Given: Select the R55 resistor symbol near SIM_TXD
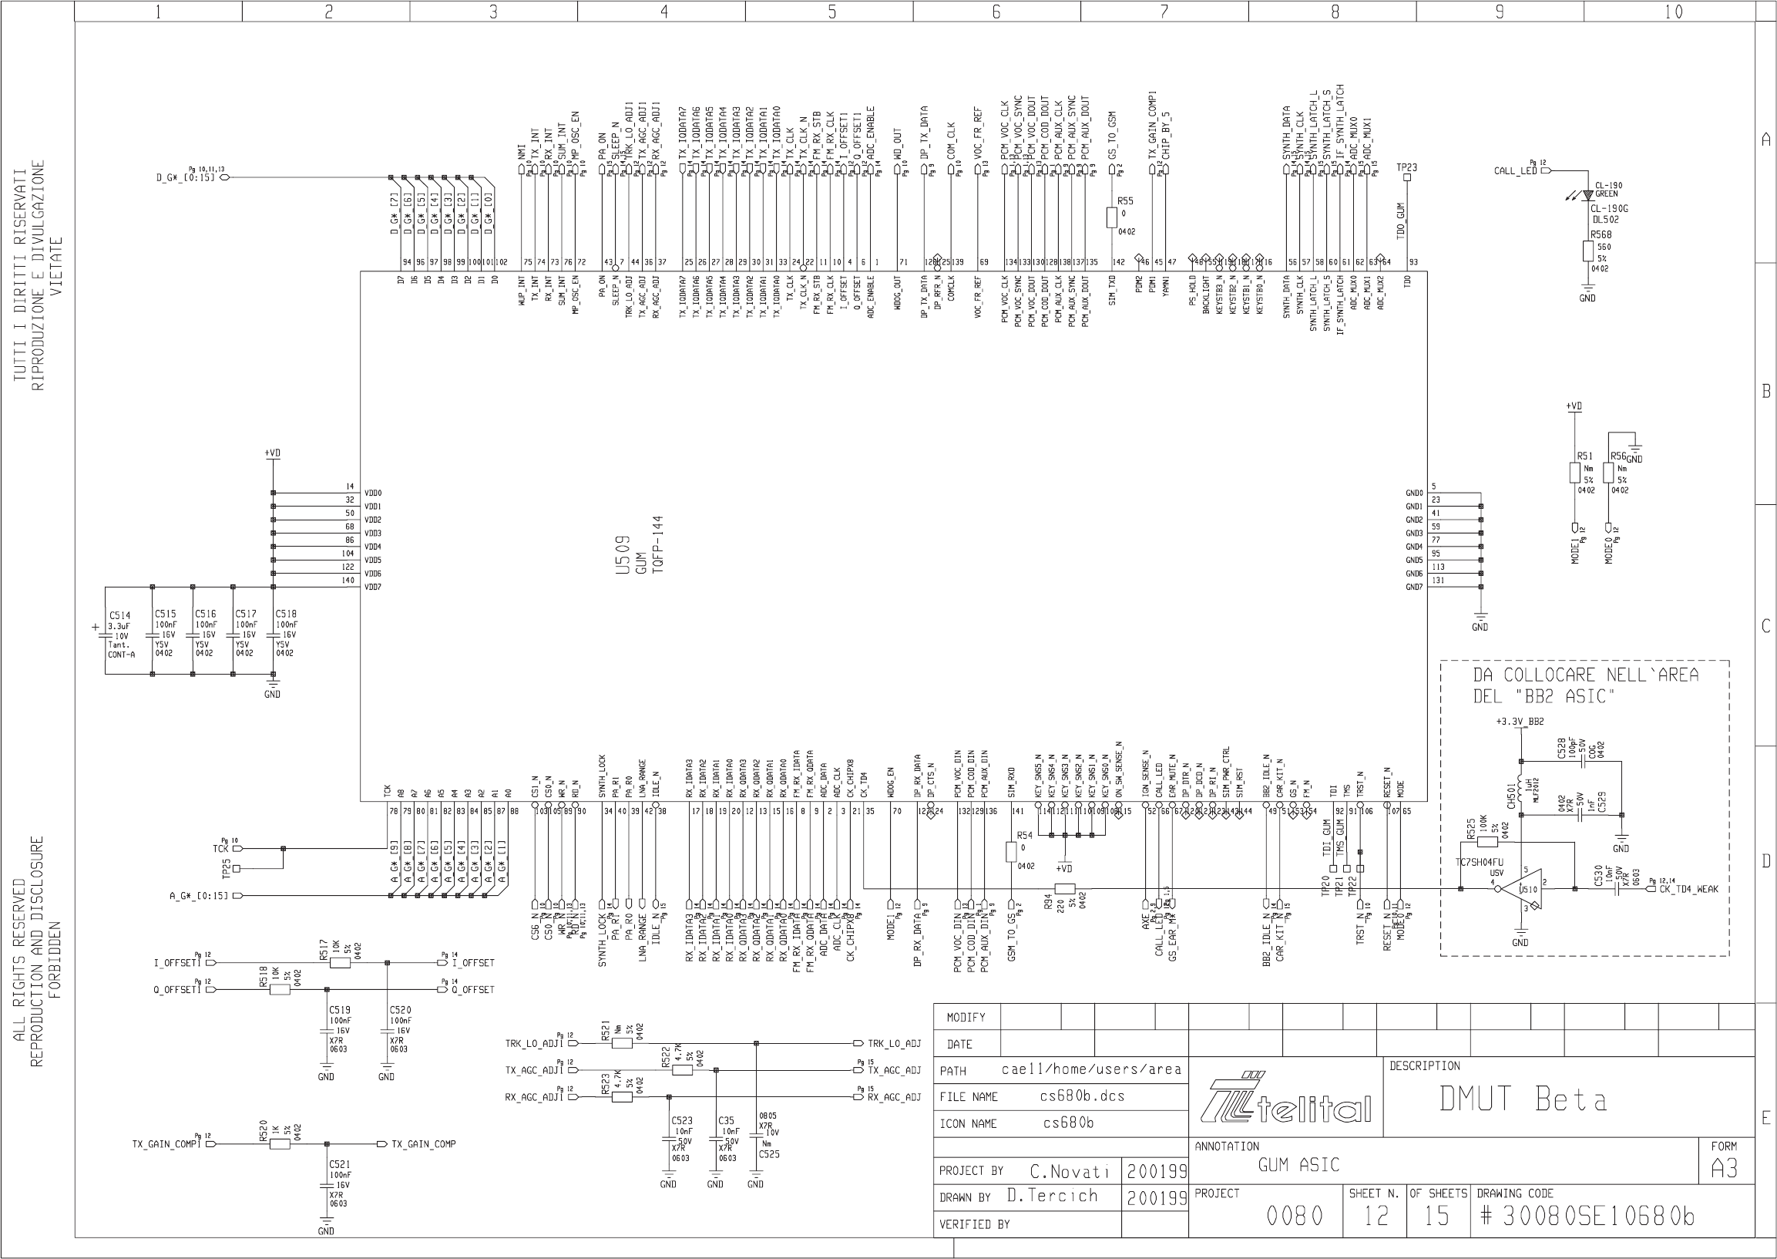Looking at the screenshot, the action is pyautogui.click(x=1111, y=218).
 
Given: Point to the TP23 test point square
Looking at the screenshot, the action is pyautogui.click(x=1407, y=177).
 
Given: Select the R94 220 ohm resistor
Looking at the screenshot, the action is pyautogui.click(x=1065, y=889).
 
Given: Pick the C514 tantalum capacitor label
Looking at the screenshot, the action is pyautogui.click(x=119, y=614).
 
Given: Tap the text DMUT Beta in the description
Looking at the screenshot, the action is pyautogui.click(x=1523, y=1099).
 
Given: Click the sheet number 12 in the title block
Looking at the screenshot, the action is pyautogui.click(x=1376, y=1216).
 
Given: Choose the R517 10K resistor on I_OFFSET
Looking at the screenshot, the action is pyautogui.click(x=339, y=963).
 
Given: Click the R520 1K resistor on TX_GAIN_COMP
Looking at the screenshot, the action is pyautogui.click(x=280, y=1144).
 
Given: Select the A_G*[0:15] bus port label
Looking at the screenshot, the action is pyautogui.click(x=198, y=896).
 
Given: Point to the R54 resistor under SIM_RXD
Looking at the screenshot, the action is pyautogui.click(x=1010, y=853).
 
